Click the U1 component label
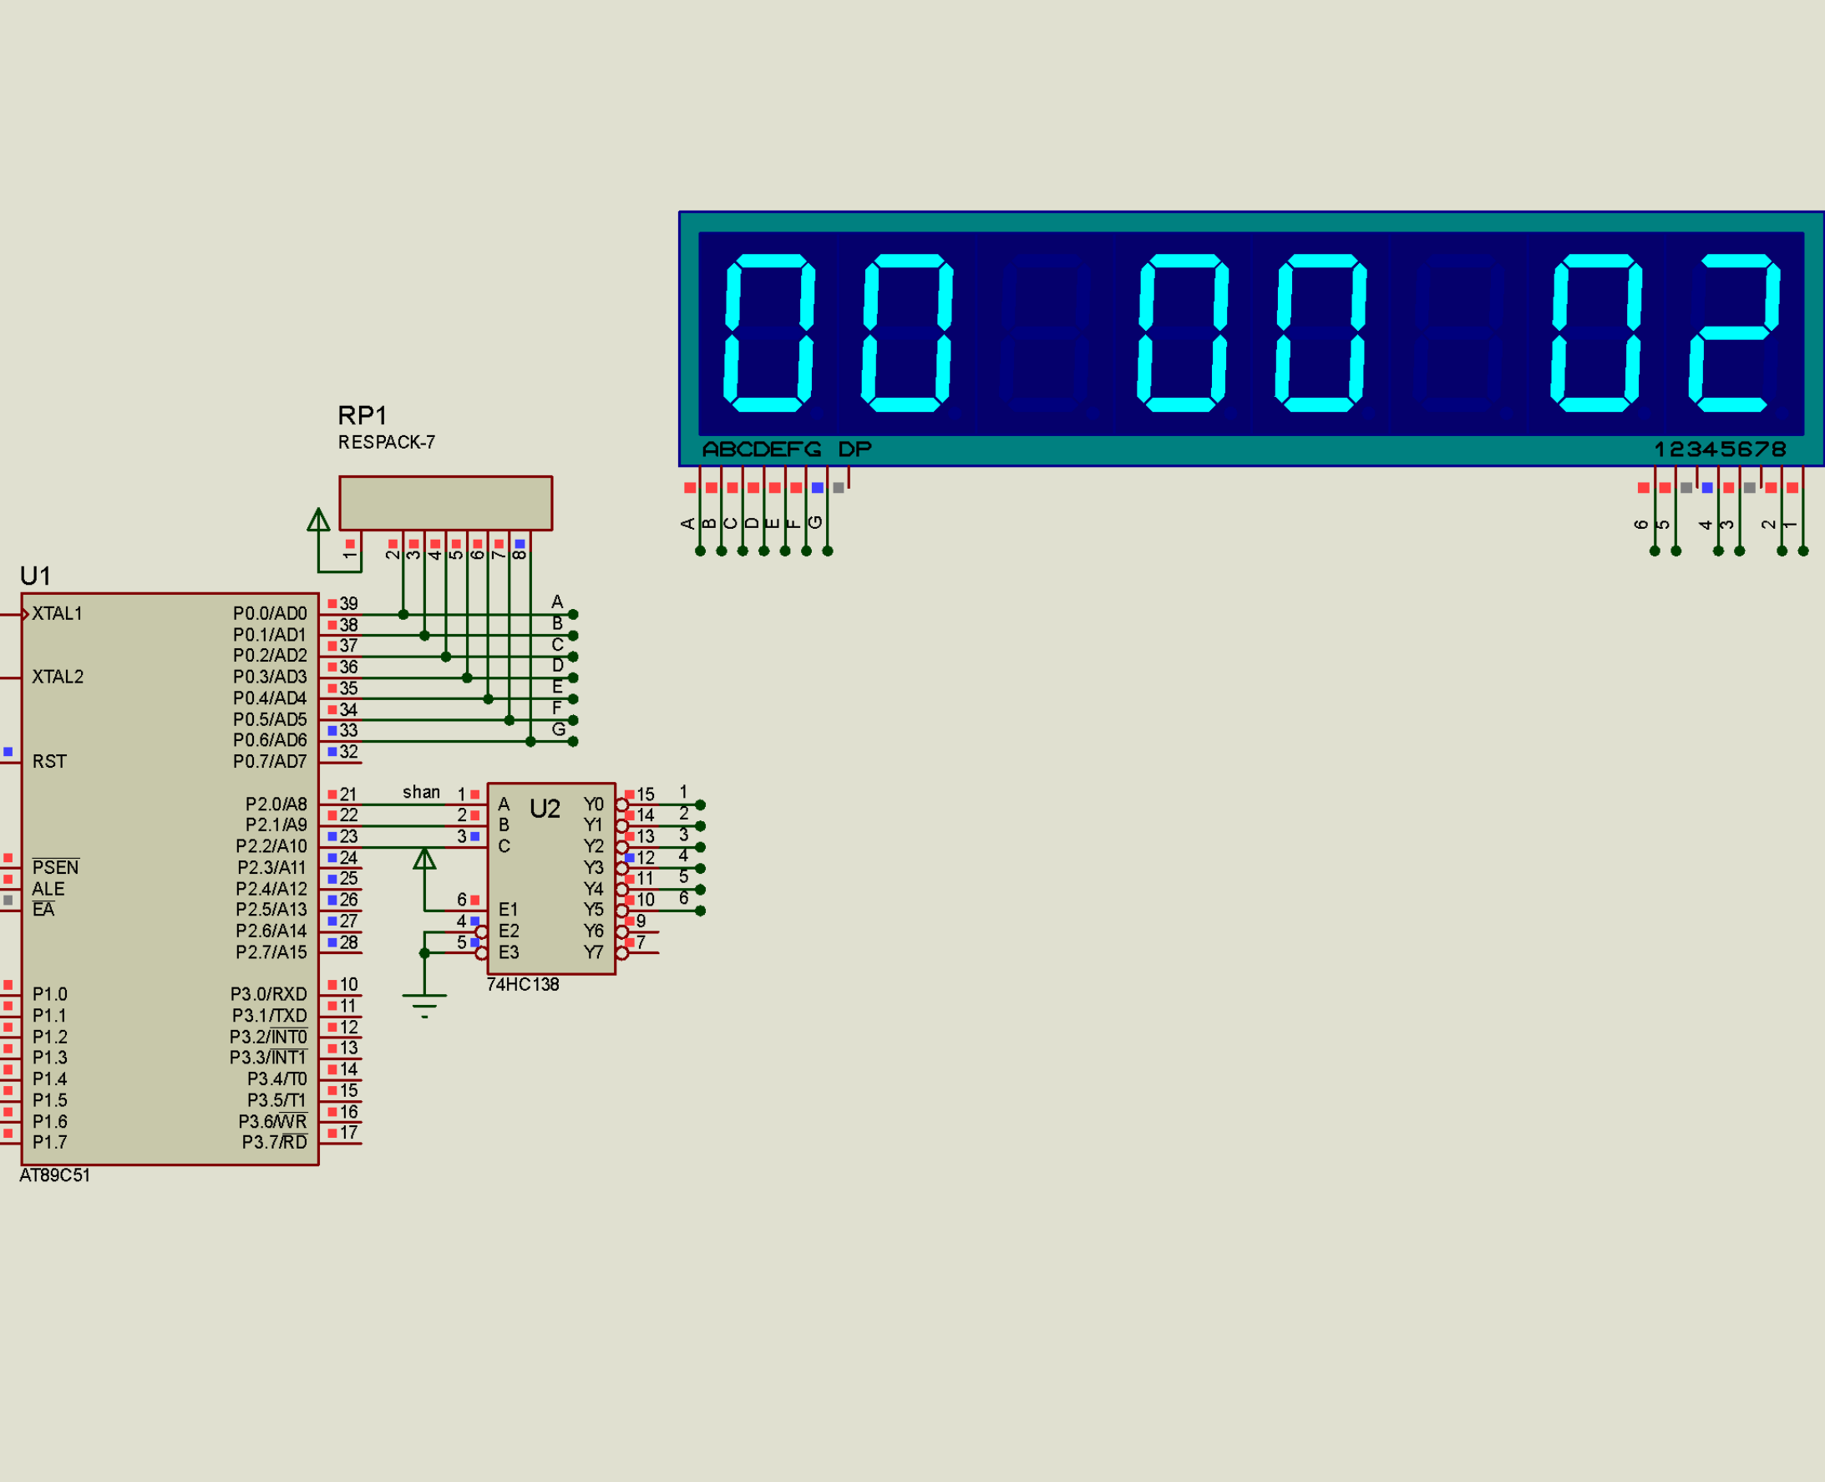coord(35,576)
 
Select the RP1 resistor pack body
coord(445,503)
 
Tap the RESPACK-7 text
coord(387,442)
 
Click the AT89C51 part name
coord(54,1175)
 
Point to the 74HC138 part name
coord(522,984)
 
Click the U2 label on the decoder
coord(545,809)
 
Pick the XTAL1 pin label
coord(57,613)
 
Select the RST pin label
coord(49,762)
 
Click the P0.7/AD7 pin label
coord(270,762)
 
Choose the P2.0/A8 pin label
coord(276,804)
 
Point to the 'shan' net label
coord(422,792)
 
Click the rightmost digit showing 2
coord(1735,332)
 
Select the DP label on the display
coord(854,449)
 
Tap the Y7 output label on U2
coord(593,952)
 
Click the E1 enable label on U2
coord(508,909)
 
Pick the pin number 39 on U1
coord(348,603)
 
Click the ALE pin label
coord(48,889)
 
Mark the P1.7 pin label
coord(49,1142)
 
